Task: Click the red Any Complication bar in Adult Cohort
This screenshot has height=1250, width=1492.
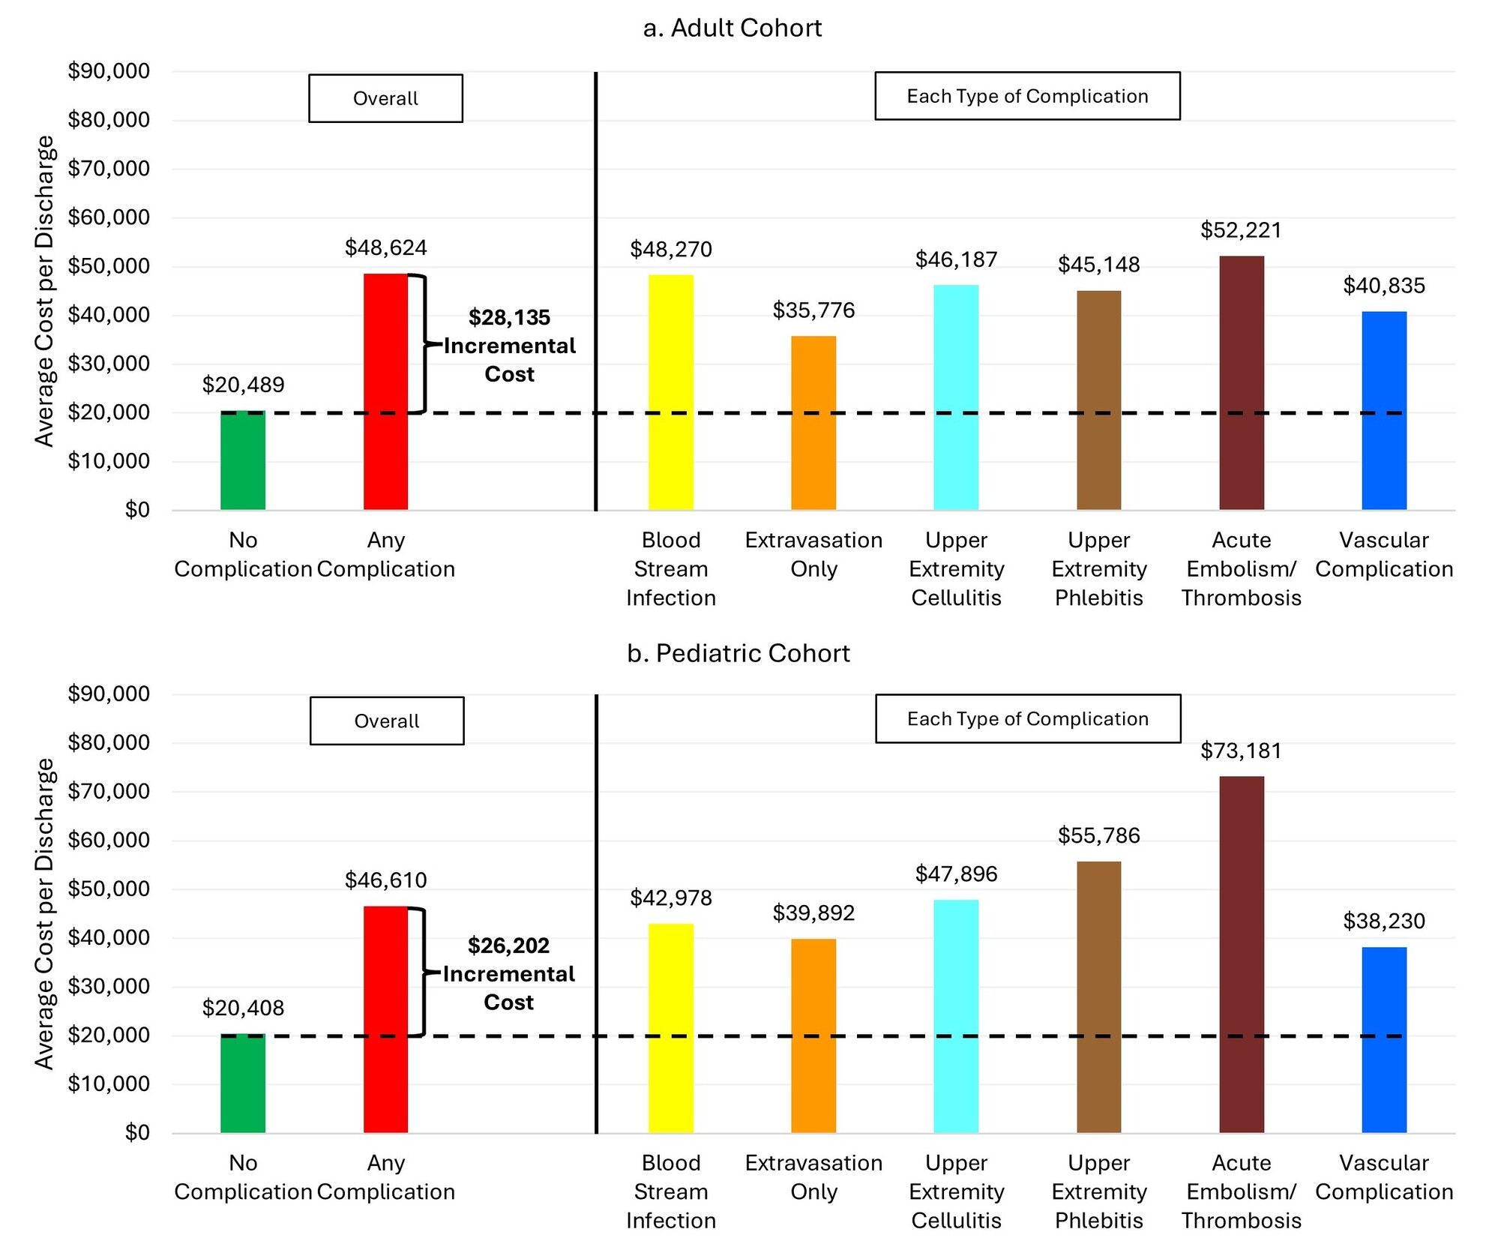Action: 385,391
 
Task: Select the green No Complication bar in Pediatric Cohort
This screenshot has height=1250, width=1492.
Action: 243,1083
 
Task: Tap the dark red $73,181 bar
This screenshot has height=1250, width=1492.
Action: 1241,954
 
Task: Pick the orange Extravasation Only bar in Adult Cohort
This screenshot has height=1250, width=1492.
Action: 813,423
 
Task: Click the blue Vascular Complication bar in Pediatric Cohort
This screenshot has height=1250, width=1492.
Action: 1383,1039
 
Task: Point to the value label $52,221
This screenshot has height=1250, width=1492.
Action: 1241,230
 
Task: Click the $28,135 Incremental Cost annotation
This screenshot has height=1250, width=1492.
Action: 509,346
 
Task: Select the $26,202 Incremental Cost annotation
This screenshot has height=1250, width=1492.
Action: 508,973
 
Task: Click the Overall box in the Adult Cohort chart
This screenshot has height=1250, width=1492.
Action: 385,98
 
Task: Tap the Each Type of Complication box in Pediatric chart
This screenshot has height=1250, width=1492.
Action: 1027,718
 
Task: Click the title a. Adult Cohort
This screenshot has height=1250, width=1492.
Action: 732,28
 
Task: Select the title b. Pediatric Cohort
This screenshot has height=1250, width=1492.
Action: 738,653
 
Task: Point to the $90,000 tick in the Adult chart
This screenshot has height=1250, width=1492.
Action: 109,71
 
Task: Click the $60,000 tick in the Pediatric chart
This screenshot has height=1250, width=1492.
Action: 109,840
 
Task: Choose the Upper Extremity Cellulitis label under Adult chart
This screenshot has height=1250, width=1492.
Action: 956,568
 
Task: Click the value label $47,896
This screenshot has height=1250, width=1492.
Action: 956,874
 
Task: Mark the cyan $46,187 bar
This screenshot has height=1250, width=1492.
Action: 956,397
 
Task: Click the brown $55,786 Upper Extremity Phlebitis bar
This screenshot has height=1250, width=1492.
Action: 1098,997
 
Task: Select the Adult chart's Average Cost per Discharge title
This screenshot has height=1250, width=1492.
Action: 45,291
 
